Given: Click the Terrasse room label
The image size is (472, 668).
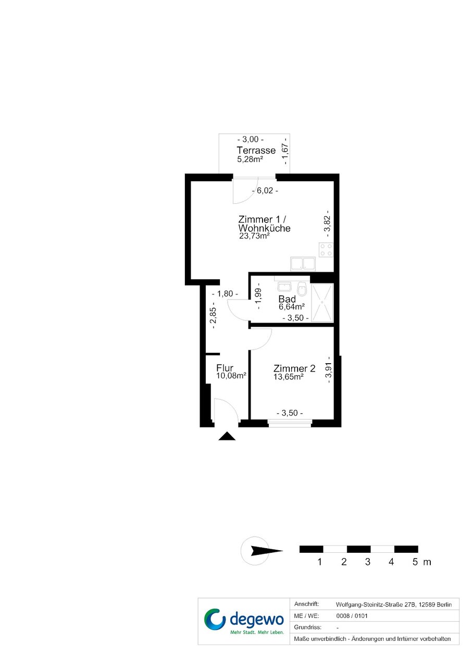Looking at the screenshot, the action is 256,150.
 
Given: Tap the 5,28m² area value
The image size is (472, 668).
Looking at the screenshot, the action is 250,159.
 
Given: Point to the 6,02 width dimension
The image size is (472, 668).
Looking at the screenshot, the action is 265,191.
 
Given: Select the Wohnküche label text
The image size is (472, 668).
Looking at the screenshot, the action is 264,228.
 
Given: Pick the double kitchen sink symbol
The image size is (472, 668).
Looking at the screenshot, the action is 303,264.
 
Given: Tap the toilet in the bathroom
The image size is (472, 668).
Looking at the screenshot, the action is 302,289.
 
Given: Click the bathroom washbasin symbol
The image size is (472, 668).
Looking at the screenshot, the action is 284,287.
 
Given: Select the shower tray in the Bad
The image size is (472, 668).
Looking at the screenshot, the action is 322,302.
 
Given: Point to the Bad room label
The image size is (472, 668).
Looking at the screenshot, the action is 287,299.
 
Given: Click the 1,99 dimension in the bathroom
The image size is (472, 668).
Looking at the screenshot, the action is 258,298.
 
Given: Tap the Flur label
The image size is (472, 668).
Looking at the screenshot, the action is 225,368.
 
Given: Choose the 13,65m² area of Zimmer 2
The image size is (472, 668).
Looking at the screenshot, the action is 288,377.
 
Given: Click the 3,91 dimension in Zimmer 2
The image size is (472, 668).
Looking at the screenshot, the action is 328,370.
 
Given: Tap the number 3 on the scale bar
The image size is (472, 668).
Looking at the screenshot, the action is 367,562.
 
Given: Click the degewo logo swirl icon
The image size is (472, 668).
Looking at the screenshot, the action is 215,620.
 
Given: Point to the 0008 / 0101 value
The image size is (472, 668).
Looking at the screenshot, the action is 352,616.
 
